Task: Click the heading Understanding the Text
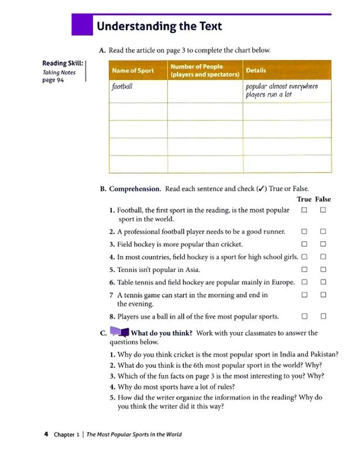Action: pyautogui.click(x=159, y=26)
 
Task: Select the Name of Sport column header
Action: pyautogui.click(x=132, y=71)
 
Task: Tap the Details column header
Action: pyautogui.click(x=256, y=71)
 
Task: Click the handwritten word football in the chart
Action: pyautogui.click(x=122, y=87)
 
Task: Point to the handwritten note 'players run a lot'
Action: pyautogui.click(x=269, y=94)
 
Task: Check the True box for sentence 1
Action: pyautogui.click(x=304, y=210)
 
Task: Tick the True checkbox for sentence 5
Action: pyautogui.click(x=304, y=270)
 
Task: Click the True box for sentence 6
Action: pyautogui.click(x=304, y=282)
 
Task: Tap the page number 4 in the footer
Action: pyautogui.click(x=46, y=434)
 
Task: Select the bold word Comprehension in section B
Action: pyautogui.click(x=135, y=189)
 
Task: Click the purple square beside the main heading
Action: pyautogui.click(x=81, y=25)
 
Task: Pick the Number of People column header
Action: pyautogui.click(x=205, y=71)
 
